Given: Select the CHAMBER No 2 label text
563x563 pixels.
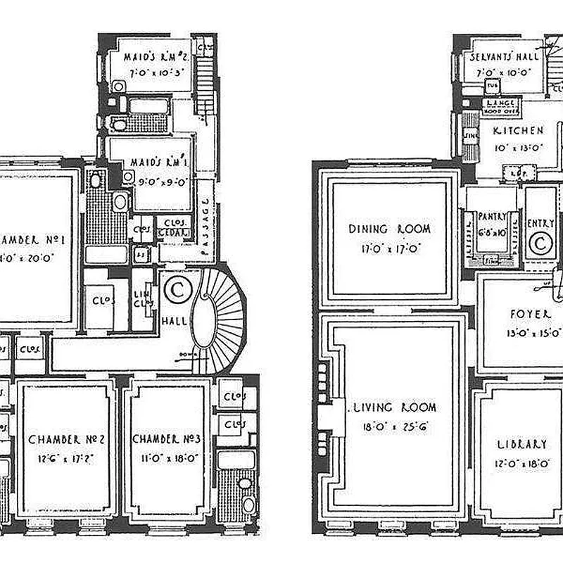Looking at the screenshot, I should point(67,440).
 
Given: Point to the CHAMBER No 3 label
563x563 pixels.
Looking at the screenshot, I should point(167,440).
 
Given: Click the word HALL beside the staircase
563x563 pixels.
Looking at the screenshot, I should point(174,321).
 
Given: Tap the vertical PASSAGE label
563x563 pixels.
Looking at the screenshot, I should point(205,218).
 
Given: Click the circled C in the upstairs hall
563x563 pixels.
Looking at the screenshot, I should point(176,289).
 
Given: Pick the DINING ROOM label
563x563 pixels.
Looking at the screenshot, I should point(389,229).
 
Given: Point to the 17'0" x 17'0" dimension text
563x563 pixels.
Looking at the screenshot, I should point(389,248).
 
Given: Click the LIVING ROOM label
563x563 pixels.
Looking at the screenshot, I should point(395,407).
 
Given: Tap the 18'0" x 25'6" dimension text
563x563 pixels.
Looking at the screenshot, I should point(395,425).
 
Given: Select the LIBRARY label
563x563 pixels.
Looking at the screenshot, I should point(521,444).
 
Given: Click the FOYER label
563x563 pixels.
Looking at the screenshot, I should point(529,314).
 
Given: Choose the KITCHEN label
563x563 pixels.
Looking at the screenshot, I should point(518,131).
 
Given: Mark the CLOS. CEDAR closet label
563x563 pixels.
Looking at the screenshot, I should point(171,227).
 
